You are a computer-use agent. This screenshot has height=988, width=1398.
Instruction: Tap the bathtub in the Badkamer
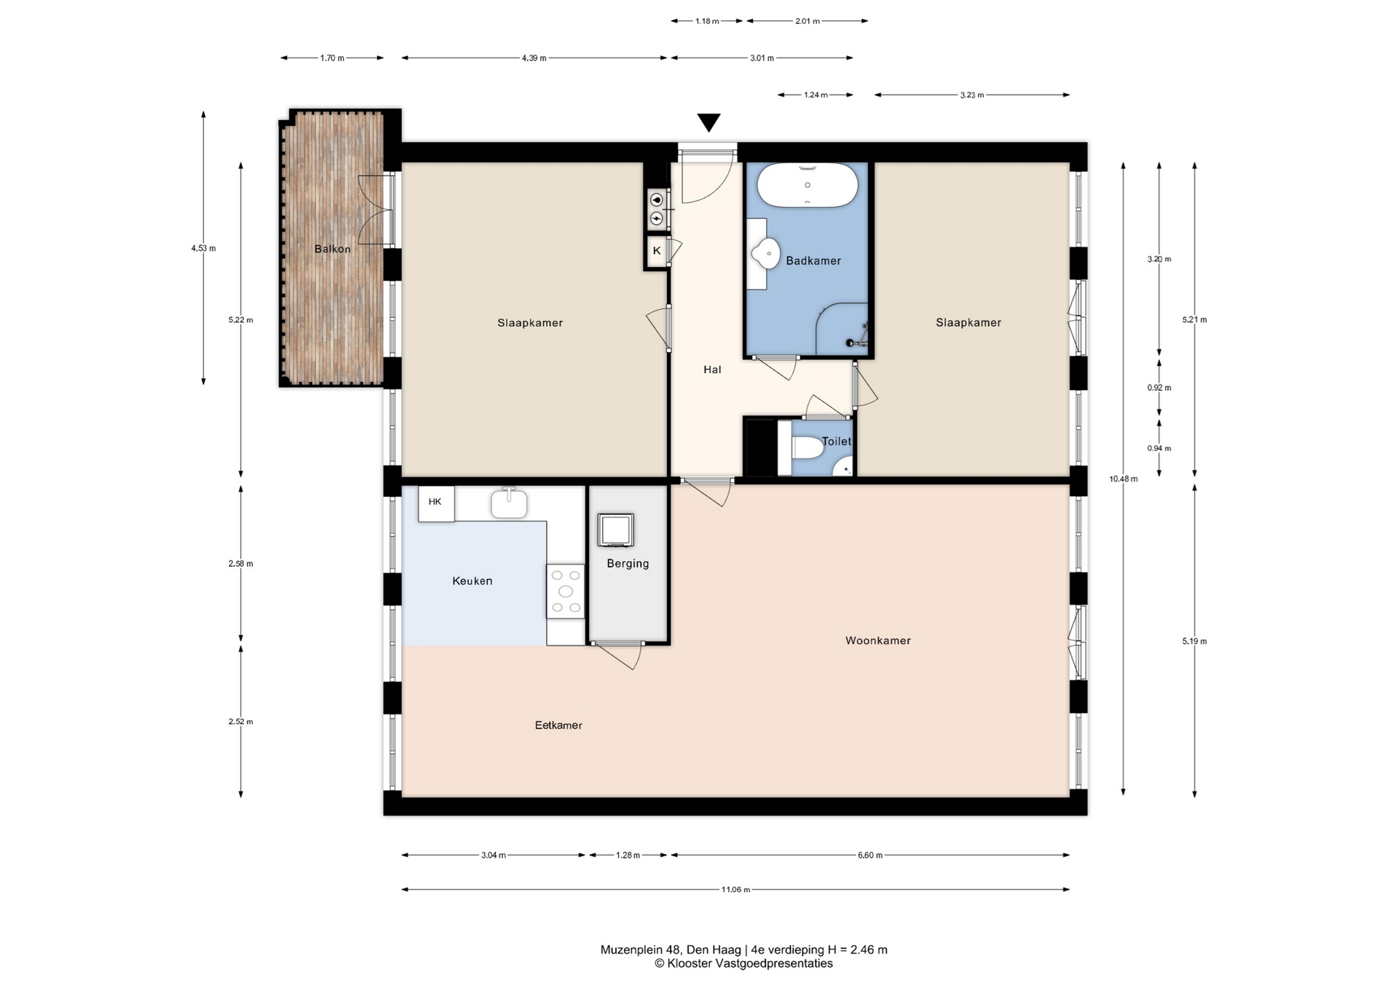pos(807,186)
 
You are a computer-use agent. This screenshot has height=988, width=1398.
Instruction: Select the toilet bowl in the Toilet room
pos(807,447)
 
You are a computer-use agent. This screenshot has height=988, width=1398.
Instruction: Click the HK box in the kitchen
pos(436,503)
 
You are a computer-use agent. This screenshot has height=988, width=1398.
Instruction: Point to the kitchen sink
pos(509,503)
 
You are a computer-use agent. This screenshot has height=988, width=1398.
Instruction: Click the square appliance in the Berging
pos(616,530)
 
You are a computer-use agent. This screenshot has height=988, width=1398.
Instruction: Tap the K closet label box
pos(657,251)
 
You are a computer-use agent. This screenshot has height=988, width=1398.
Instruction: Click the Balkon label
pos(333,249)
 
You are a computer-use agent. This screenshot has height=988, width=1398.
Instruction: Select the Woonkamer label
pos(878,640)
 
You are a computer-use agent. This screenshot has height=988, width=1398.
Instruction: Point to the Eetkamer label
pos(558,725)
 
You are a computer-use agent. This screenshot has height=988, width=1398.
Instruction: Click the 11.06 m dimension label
pos(735,889)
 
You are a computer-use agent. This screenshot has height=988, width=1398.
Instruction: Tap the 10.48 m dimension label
pos(1123,479)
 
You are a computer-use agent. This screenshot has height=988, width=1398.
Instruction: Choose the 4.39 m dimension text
pos(534,58)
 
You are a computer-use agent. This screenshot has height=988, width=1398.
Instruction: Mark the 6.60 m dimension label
pos(870,855)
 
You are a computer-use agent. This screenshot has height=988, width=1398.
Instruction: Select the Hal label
pos(712,370)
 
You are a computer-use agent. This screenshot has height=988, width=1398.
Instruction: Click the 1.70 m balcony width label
pos(332,58)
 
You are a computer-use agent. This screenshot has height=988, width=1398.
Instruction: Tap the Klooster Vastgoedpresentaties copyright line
pos(743,963)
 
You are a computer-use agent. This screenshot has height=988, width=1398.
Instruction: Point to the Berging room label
pos(628,563)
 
